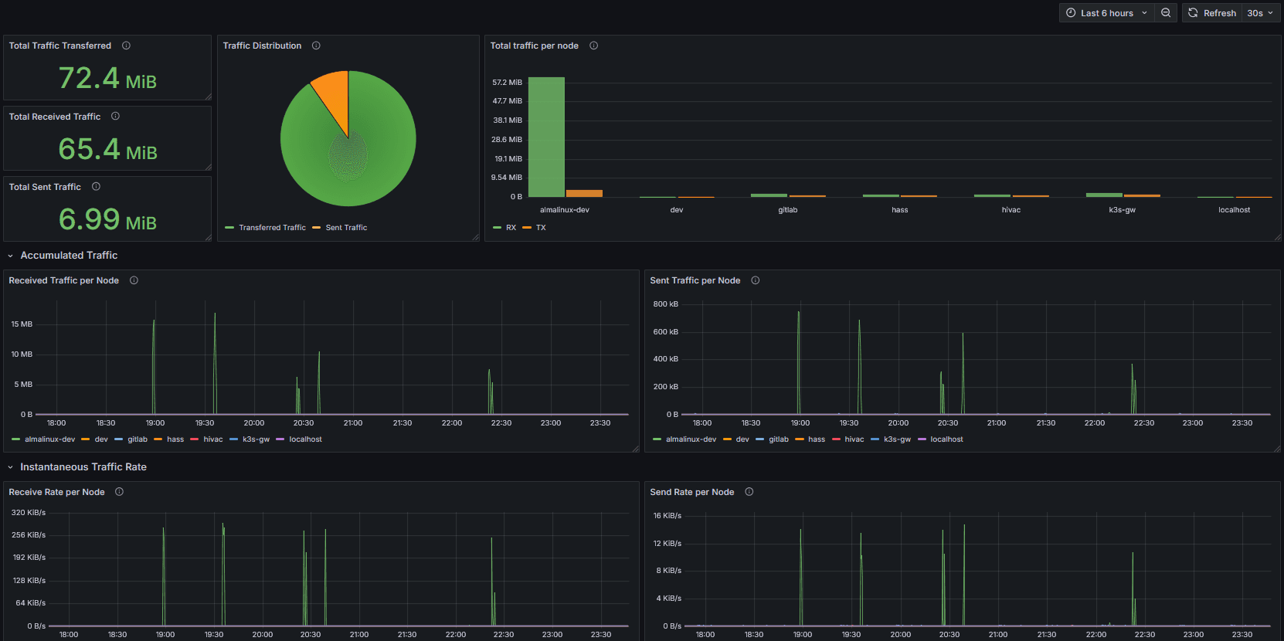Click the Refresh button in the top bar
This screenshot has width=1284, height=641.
click(x=1212, y=13)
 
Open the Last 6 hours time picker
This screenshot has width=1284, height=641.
click(x=1106, y=13)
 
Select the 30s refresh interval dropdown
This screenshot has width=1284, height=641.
click(x=1260, y=13)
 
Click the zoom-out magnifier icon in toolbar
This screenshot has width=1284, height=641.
click(x=1166, y=13)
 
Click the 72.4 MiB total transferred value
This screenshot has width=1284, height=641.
click(x=107, y=79)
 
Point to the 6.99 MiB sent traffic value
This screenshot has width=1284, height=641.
click(x=107, y=220)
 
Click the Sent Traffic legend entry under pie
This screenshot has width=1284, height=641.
click(x=345, y=228)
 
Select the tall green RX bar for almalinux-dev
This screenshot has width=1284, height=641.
click(x=546, y=137)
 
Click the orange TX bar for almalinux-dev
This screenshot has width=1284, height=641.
click(x=584, y=193)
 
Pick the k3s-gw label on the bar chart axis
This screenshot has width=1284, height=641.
click(x=1122, y=210)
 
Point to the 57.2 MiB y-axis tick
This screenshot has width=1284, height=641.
click(x=507, y=83)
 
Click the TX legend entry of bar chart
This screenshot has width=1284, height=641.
click(x=540, y=228)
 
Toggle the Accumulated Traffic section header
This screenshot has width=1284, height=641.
click(x=69, y=256)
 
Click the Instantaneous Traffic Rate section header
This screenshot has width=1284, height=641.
click(x=83, y=467)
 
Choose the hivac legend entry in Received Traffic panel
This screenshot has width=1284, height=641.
click(x=212, y=439)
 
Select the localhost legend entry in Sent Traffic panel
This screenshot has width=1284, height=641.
click(x=946, y=439)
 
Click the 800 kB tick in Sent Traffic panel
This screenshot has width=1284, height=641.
click(x=665, y=304)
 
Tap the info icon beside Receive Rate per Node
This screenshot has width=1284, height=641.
click(x=119, y=492)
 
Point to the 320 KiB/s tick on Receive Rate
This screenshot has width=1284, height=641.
click(x=29, y=513)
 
